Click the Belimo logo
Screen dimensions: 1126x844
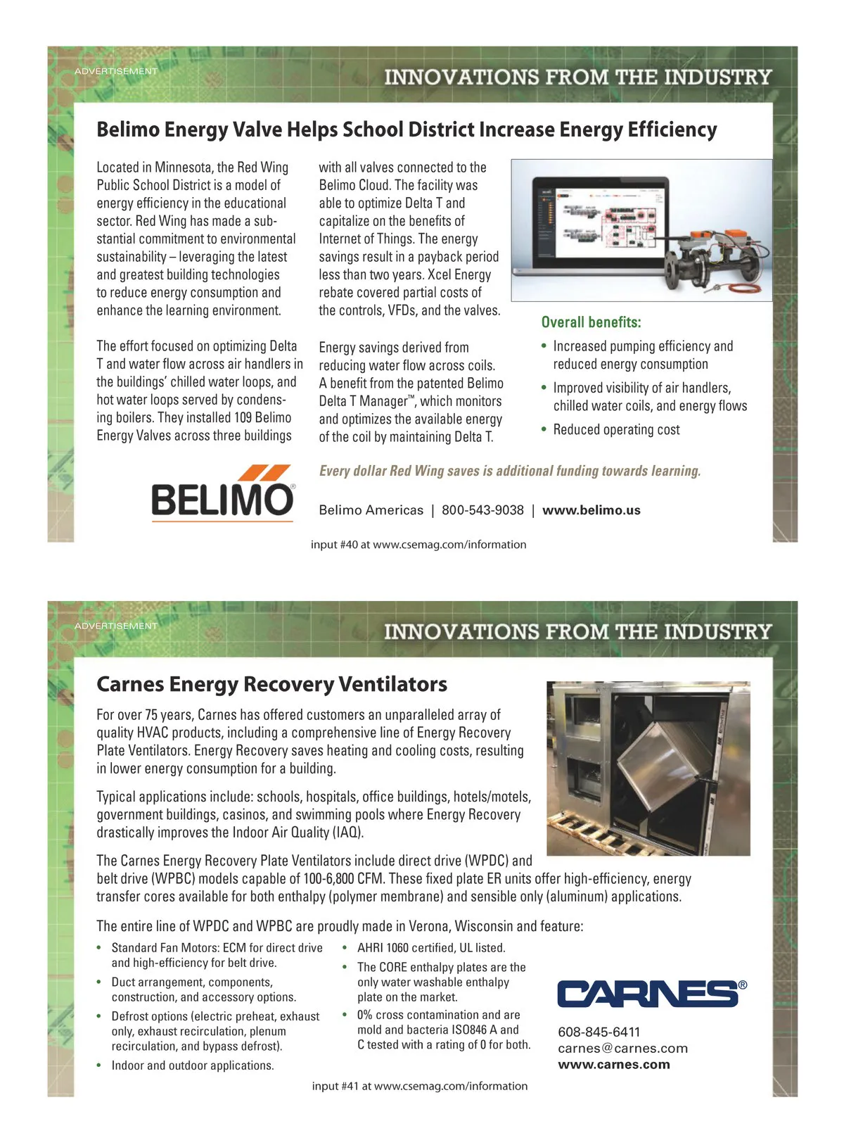222,493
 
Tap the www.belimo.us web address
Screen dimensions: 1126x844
591,510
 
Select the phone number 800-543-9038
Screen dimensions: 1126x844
482,510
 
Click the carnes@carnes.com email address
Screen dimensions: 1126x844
622,1048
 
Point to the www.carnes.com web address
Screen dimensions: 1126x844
613,1064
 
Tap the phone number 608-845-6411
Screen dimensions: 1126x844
599,1032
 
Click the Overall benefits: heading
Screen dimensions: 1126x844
591,322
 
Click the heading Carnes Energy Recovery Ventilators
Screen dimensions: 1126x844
271,684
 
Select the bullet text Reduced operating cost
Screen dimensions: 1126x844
616,430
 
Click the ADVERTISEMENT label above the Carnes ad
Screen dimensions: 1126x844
116,626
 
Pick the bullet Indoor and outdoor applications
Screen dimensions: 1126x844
192,1065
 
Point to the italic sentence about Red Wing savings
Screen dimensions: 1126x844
510,471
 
